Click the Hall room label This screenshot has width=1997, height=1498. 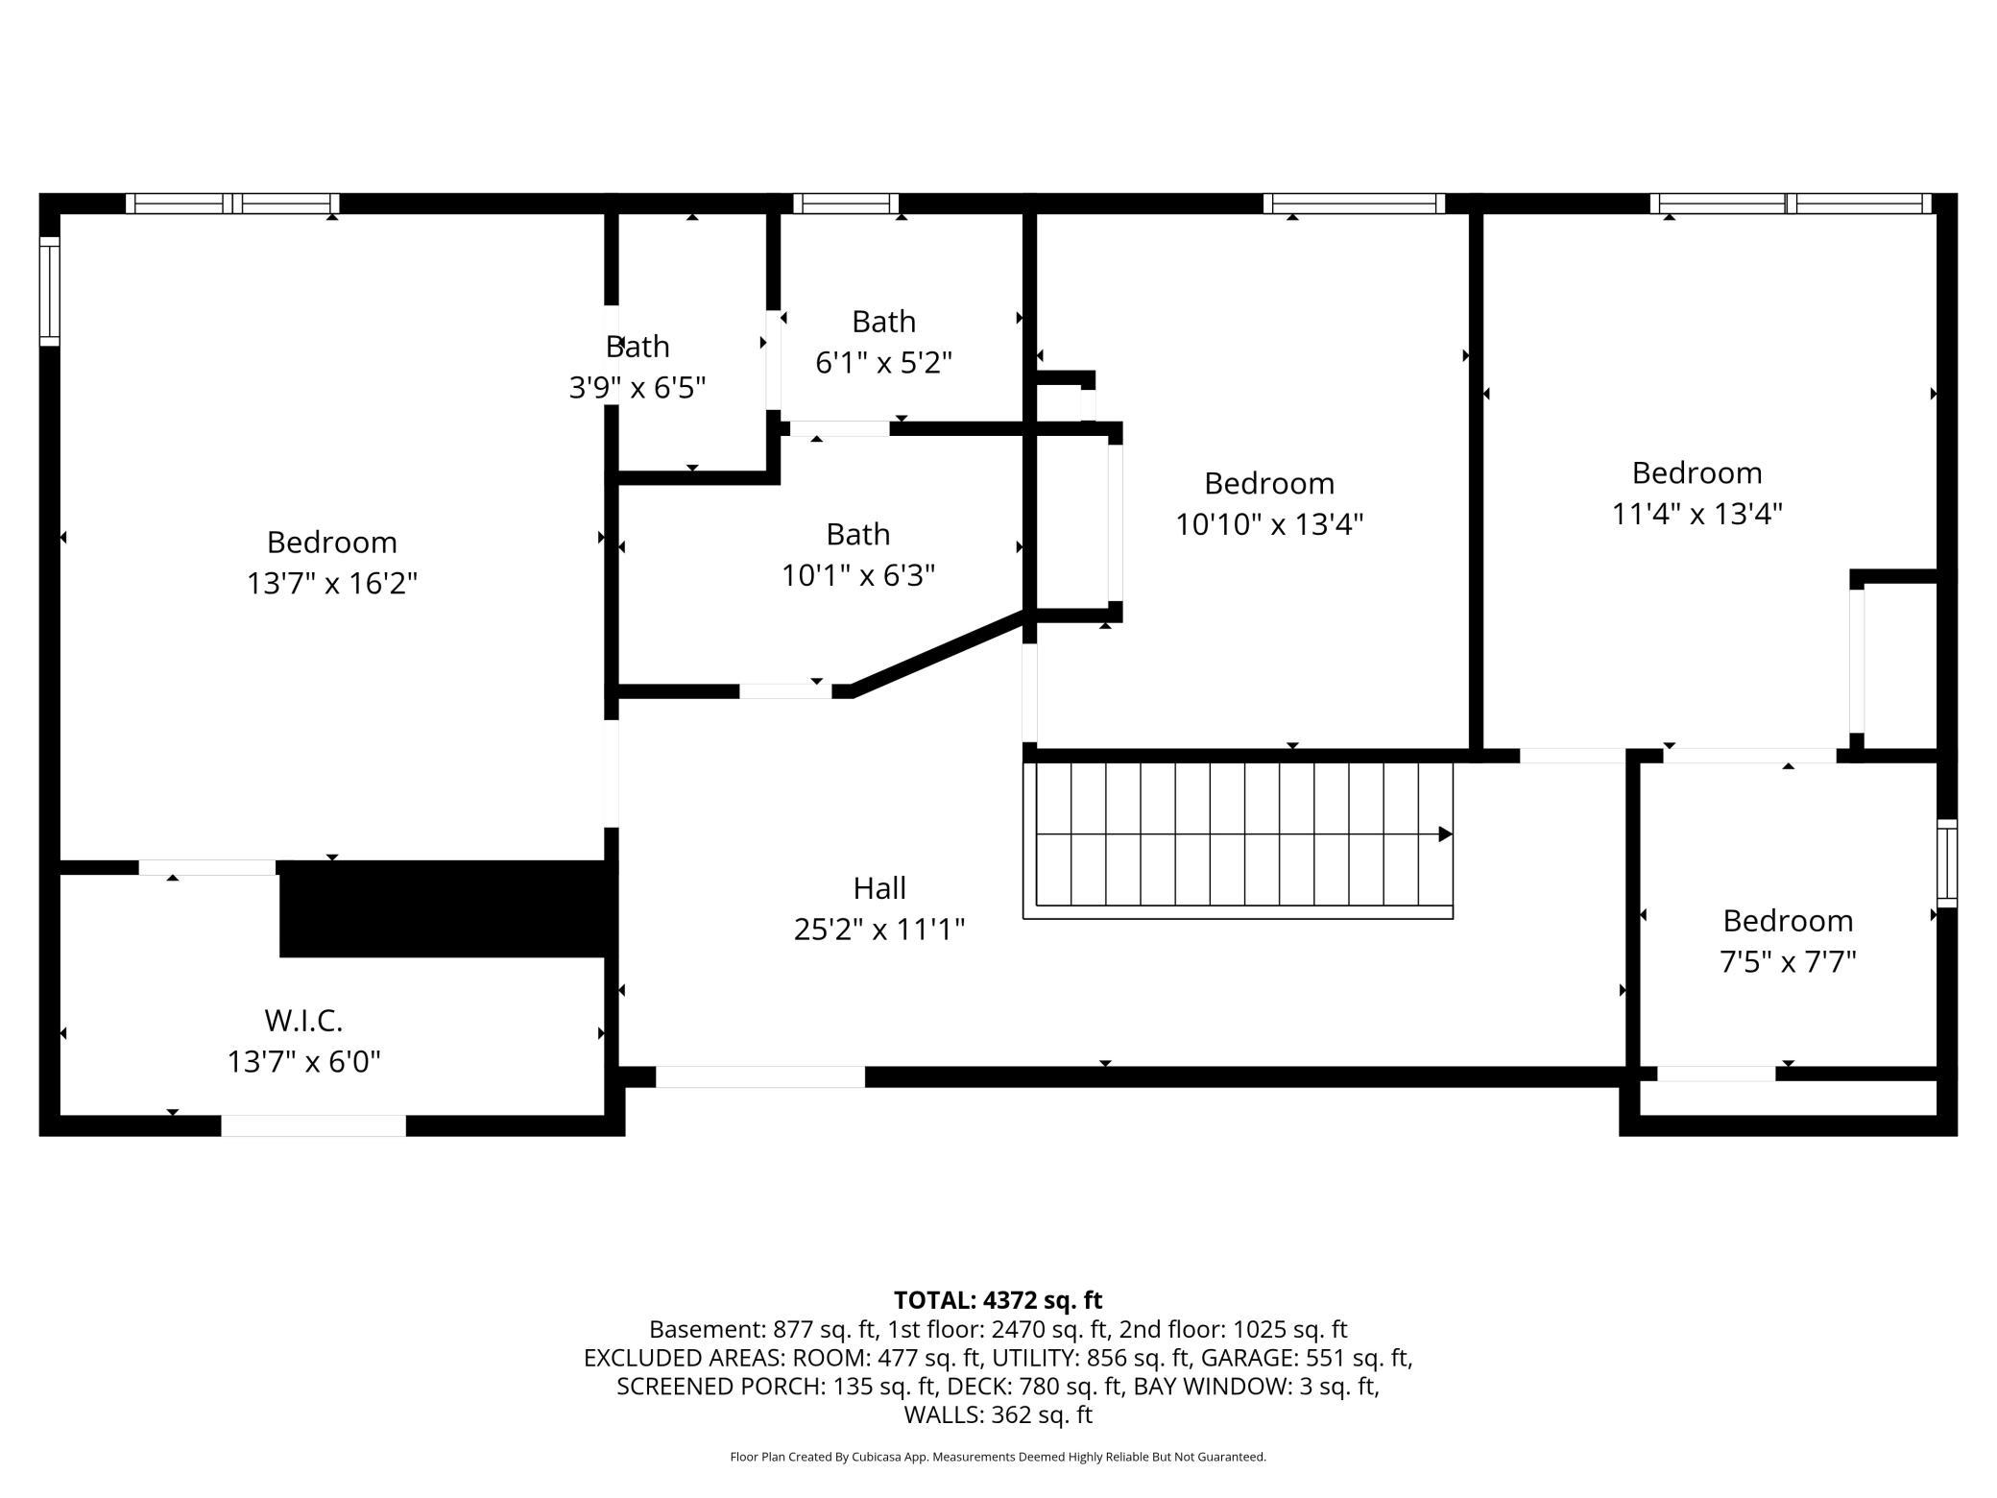point(879,887)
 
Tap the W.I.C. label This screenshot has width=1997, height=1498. point(303,1019)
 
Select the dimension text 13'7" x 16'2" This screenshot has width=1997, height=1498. point(332,583)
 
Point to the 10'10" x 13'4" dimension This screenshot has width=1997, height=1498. point(1269,523)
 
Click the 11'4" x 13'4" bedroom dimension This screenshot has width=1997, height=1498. point(1696,514)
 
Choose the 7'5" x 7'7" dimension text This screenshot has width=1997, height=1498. point(1788,961)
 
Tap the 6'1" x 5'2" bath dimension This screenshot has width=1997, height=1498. point(883,362)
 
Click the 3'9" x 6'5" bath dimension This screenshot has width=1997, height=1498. point(638,387)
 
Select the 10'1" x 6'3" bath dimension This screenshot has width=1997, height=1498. point(858,574)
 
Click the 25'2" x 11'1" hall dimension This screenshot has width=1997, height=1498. point(879,929)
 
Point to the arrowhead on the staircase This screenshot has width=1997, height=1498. point(1445,834)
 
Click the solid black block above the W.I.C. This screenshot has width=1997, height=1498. point(443,908)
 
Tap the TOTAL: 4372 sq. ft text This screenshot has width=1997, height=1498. point(998,1300)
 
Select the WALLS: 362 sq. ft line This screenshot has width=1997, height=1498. point(998,1414)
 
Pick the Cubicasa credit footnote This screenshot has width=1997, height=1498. point(998,1457)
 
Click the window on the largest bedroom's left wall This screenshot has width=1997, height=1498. point(49,291)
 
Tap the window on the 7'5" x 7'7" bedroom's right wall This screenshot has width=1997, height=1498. point(1947,863)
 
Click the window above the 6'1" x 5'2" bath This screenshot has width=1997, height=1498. point(846,204)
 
